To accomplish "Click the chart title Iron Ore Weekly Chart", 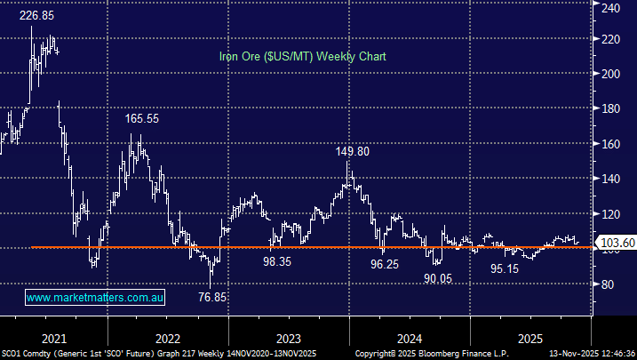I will pos(302,56).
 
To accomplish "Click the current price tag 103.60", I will pos(617,243).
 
